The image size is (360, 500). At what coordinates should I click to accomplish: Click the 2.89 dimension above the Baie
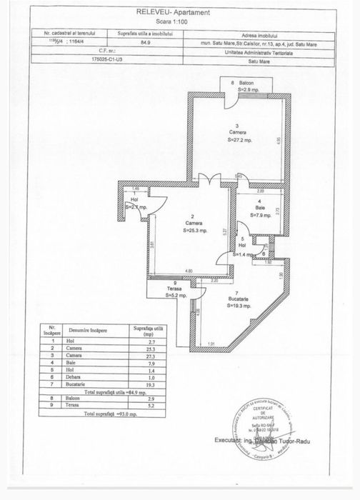pos(261,192)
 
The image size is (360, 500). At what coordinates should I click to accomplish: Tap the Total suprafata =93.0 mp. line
pos(113,414)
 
